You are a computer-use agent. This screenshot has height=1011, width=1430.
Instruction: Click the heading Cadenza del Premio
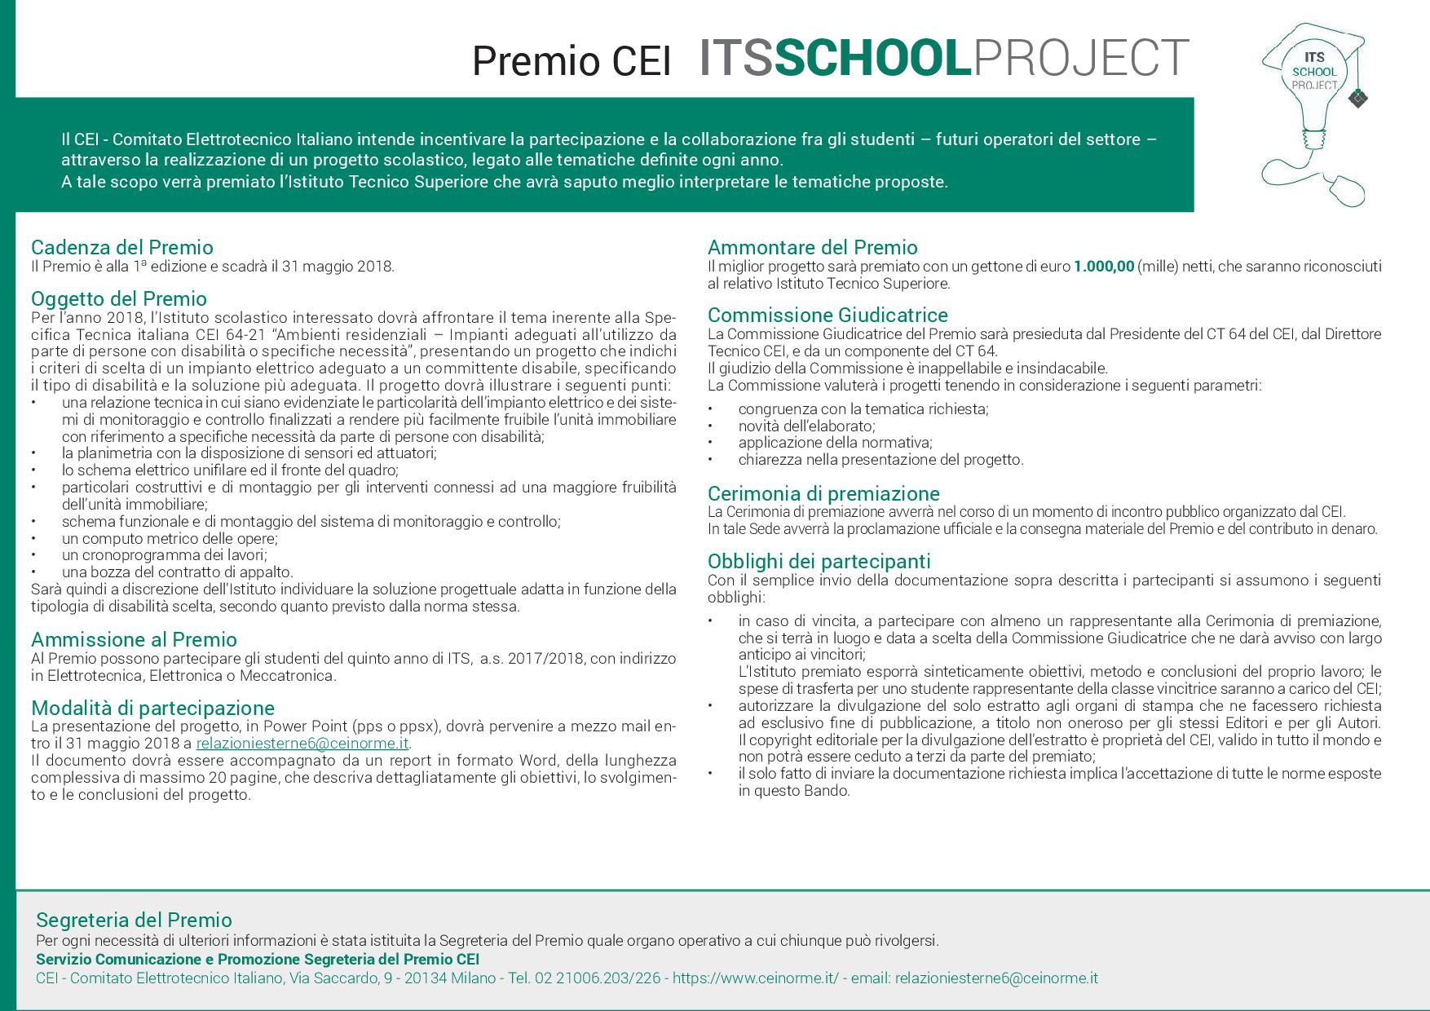122,247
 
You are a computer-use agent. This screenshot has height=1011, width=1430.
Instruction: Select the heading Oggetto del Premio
119,298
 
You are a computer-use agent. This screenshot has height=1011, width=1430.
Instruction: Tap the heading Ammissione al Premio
134,639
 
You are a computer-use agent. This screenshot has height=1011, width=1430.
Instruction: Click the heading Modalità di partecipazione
152,708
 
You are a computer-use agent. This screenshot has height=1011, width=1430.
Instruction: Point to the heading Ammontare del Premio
812,247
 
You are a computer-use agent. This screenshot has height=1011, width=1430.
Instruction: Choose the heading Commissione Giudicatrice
828,315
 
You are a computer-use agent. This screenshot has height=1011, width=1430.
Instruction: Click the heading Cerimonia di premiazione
823,493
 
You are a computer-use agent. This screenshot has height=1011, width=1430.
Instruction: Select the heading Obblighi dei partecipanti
819,561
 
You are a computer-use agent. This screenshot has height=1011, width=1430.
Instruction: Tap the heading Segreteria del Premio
134,920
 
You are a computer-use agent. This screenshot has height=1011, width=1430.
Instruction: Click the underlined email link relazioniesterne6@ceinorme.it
302,744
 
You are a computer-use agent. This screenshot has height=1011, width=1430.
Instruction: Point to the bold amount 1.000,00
1103,267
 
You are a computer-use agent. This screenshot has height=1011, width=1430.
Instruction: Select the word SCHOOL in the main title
872,59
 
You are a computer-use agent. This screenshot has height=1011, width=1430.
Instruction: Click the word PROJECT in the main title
1081,59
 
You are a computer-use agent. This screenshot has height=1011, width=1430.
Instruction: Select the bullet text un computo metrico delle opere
170,538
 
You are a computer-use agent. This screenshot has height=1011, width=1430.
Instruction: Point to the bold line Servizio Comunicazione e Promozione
258,959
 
